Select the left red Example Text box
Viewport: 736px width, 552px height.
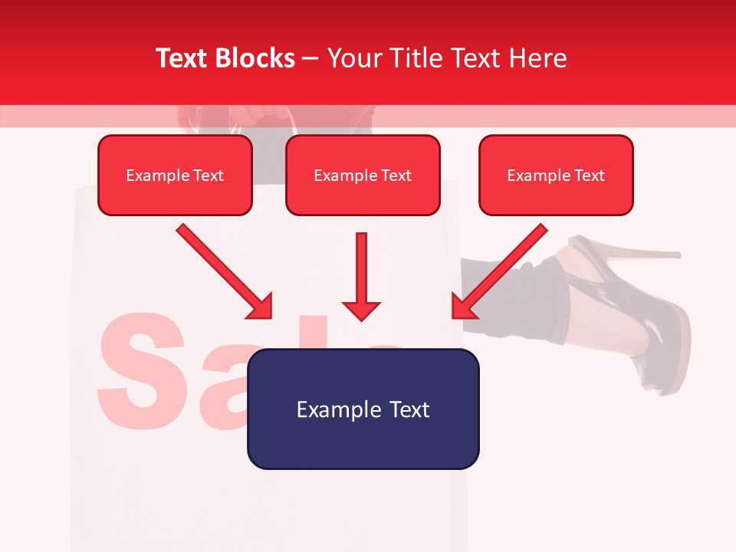pyautogui.click(x=175, y=175)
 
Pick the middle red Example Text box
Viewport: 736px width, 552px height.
pyautogui.click(x=363, y=175)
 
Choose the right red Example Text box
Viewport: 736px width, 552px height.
pyautogui.click(x=556, y=175)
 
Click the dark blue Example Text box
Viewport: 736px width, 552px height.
pyautogui.click(x=363, y=409)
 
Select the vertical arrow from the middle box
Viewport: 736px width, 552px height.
pyautogui.click(x=361, y=276)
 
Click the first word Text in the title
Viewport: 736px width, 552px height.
pyautogui.click(x=183, y=58)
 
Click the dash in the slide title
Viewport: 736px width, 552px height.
pyautogui.click(x=310, y=58)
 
